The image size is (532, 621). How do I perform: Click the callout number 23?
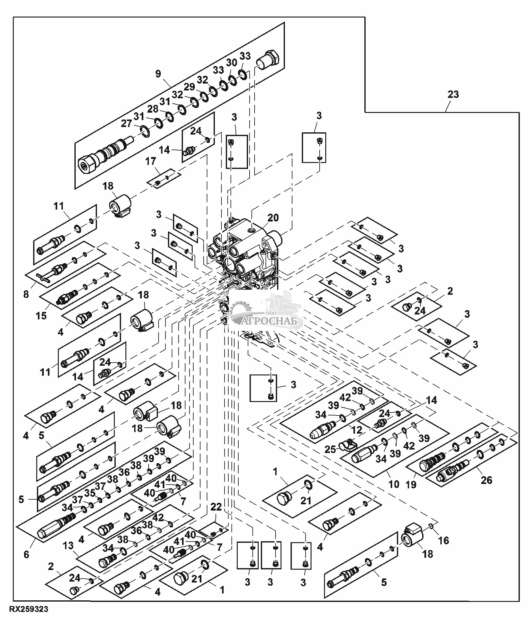point(453,94)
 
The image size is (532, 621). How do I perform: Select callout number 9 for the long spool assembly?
point(158,74)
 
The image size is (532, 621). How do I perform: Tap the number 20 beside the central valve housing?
point(273,217)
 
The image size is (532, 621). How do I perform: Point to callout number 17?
point(151,161)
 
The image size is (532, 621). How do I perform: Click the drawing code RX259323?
point(28,609)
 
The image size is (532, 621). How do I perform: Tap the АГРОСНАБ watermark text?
point(272,321)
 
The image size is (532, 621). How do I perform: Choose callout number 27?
point(127,124)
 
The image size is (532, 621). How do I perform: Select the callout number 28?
point(153,109)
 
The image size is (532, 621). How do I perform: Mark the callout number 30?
point(231,63)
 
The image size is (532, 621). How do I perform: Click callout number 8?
point(26,294)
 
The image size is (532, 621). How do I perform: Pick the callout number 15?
point(41,315)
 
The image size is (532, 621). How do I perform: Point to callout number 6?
point(26,554)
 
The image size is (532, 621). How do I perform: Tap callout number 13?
point(68,546)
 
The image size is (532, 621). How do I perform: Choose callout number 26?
point(486,480)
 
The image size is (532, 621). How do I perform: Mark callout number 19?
point(411,484)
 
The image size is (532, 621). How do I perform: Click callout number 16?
point(443,540)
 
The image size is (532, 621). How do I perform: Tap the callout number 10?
point(394,484)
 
